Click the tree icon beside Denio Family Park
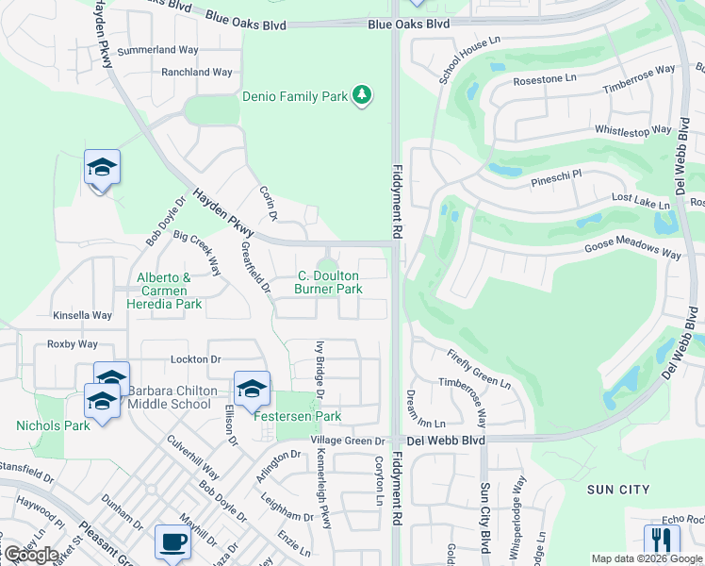point(361,95)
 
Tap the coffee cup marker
point(172,541)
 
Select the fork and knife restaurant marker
point(662,540)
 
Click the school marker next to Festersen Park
point(252,389)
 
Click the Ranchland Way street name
point(196,72)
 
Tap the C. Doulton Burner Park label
point(328,283)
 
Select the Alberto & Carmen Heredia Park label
point(170,291)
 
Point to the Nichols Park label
point(53,425)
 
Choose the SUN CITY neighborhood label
point(617,490)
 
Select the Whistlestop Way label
point(632,130)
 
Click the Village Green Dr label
point(349,441)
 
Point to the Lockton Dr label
point(195,359)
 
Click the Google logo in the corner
point(30,555)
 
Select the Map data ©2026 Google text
point(647,558)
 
